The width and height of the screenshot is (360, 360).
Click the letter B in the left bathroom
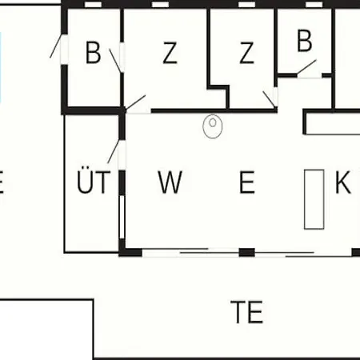[x=93, y=53]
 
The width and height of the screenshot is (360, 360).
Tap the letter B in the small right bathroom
[x=304, y=41]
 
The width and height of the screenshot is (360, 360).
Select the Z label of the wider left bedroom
[x=170, y=53]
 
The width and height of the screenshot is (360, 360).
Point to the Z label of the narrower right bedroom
[x=246, y=53]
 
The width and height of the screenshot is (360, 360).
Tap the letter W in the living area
[x=170, y=182]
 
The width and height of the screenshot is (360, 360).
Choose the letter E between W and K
[x=247, y=182]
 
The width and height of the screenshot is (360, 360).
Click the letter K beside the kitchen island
[x=342, y=182]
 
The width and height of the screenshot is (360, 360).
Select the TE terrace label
[x=247, y=312]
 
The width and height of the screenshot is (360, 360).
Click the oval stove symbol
[x=213, y=126]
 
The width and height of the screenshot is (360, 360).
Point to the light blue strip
[x=0, y=67]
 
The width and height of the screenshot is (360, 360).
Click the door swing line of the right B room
[x=306, y=66]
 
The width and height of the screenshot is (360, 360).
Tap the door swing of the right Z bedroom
[x=269, y=99]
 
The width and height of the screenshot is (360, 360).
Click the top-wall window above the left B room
[x=93, y=5]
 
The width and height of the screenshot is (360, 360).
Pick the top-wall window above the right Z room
[x=246, y=5]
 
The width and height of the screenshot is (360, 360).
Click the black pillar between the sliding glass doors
[x=247, y=252]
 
